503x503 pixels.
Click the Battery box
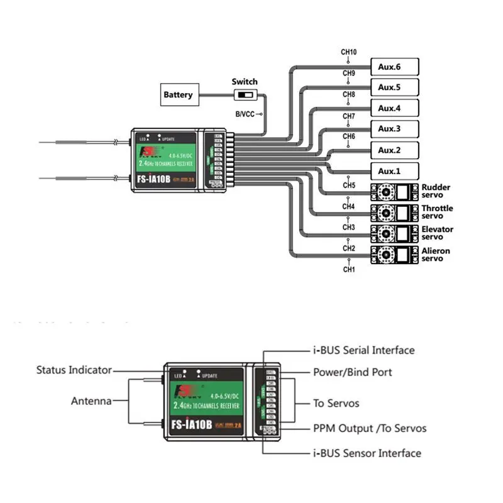(178, 96)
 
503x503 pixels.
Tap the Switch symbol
(244, 96)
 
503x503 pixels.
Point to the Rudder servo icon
(394, 191)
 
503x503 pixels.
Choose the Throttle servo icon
(394, 213)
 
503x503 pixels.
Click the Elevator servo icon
(394, 233)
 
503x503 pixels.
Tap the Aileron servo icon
(394, 255)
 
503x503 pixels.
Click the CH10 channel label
(349, 52)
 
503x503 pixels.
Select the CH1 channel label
(349, 270)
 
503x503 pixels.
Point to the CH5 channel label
(349, 185)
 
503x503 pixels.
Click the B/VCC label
(246, 114)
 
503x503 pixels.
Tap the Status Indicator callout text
(74, 370)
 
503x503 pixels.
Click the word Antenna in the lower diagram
(91, 401)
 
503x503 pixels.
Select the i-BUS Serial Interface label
(363, 350)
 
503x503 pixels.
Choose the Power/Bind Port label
(353, 372)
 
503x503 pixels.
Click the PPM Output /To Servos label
(370, 429)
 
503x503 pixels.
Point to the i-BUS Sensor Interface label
(367, 453)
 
